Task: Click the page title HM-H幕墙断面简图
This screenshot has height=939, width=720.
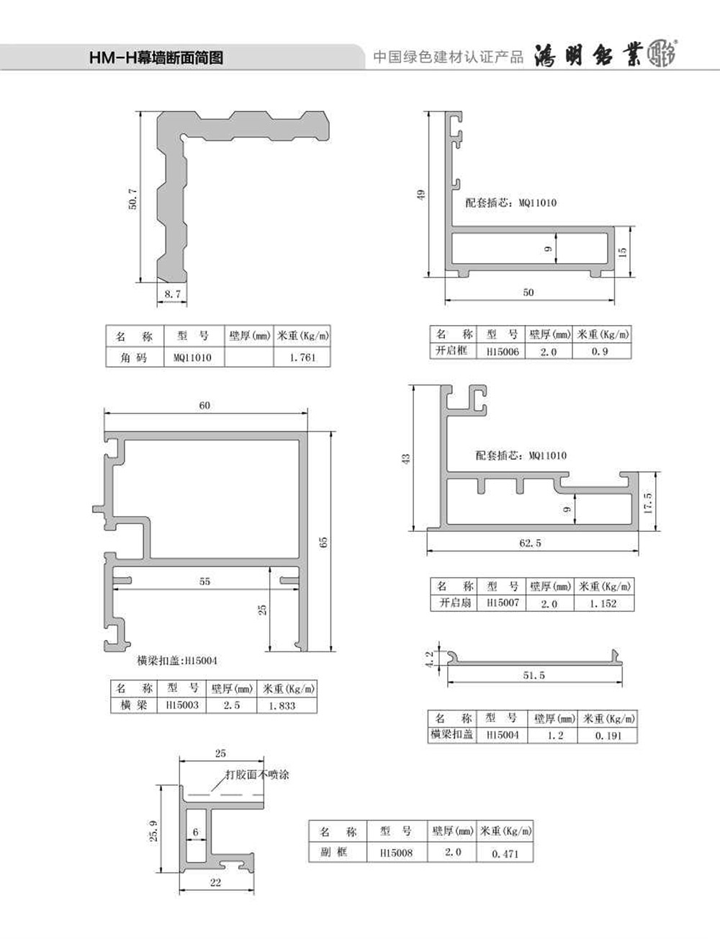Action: click(156, 58)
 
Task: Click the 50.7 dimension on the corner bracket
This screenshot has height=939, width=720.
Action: click(132, 198)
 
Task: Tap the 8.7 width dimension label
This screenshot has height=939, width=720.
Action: click(172, 294)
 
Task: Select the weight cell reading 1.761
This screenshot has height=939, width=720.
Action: click(302, 357)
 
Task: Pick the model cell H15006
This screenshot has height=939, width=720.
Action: click(503, 352)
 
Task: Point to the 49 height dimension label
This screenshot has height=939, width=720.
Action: click(420, 195)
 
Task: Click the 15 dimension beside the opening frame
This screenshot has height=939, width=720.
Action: click(622, 252)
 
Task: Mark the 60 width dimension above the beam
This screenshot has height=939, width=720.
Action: click(204, 405)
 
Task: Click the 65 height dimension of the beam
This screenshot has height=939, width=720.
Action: click(323, 543)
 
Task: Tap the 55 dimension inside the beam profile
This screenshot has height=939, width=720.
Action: click(204, 582)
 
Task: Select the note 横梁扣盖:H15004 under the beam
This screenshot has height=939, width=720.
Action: click(177, 660)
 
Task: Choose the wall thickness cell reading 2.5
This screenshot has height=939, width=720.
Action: click(231, 706)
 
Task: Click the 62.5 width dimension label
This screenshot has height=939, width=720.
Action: click(530, 543)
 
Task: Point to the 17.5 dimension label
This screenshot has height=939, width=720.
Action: click(647, 503)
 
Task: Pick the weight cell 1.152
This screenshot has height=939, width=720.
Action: click(603, 603)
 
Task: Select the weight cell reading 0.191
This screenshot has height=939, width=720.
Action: click(608, 735)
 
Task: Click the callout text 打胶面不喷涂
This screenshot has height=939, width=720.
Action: click(257, 775)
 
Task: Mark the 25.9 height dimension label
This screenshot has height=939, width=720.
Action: click(154, 831)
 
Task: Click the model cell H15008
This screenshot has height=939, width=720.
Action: click(396, 853)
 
